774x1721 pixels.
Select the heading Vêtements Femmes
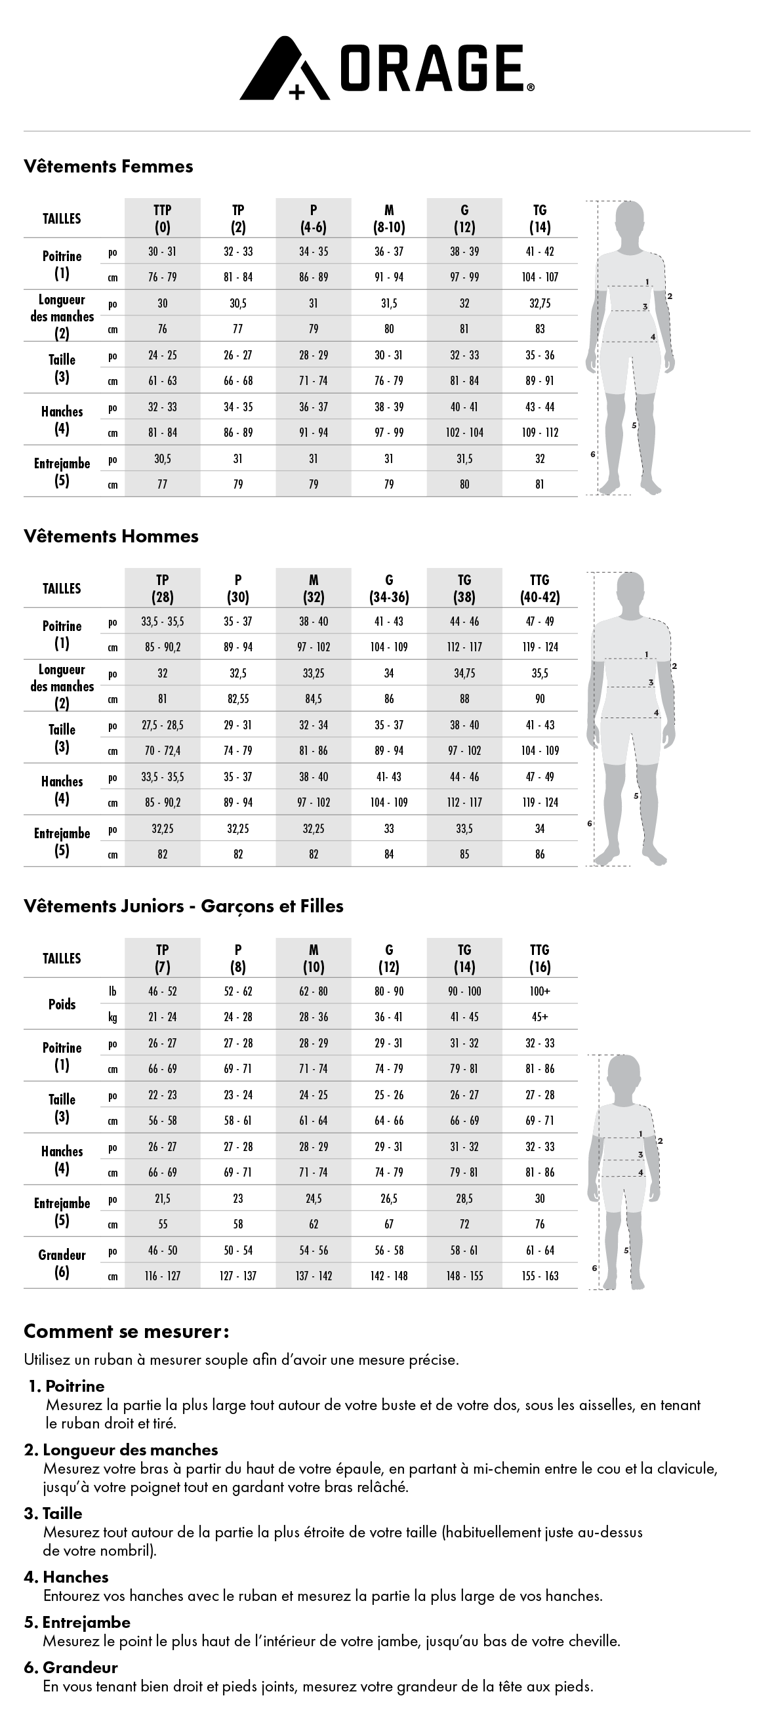108,167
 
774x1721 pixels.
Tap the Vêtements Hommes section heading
111,537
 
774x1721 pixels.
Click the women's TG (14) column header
539,218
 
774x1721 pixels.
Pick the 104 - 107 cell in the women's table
539,277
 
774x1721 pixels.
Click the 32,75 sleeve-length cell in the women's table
539,303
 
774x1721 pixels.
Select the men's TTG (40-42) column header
539,588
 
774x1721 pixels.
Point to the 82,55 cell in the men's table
238,699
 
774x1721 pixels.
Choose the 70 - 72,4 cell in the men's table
163,751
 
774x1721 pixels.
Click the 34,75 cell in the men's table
464,674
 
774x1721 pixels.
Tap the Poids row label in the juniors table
62,1004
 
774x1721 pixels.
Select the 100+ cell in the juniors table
539,992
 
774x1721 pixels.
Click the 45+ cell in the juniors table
539,1017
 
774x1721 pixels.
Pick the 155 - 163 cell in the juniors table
539,1276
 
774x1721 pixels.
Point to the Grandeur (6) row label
62,1263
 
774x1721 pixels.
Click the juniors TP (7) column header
163,959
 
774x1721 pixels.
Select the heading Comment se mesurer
127,1331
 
